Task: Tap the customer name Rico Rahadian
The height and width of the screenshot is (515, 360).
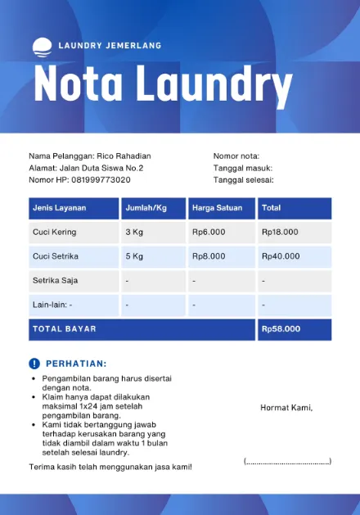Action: (x=124, y=156)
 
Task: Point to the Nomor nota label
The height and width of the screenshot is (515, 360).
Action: (x=236, y=156)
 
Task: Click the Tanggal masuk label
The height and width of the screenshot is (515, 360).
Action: (x=243, y=168)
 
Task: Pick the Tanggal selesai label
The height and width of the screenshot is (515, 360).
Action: (x=243, y=179)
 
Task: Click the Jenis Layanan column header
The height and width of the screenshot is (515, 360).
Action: (x=60, y=208)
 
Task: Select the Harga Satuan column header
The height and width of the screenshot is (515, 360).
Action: (x=217, y=208)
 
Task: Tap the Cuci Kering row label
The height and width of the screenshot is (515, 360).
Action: (x=54, y=233)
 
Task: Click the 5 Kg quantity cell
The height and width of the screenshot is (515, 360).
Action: (x=134, y=256)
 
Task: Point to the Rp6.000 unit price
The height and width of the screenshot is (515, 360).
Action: (x=209, y=233)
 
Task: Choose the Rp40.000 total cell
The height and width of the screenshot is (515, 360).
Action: (x=280, y=256)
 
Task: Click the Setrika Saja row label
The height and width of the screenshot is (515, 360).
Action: (x=55, y=281)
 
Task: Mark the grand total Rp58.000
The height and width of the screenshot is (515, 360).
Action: (x=281, y=329)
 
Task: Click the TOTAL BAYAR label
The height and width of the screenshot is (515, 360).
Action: (x=64, y=329)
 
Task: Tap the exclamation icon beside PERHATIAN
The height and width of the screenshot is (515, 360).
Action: (x=34, y=364)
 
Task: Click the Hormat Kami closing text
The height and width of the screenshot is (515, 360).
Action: (x=286, y=408)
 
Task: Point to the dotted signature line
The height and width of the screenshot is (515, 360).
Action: (x=287, y=462)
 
